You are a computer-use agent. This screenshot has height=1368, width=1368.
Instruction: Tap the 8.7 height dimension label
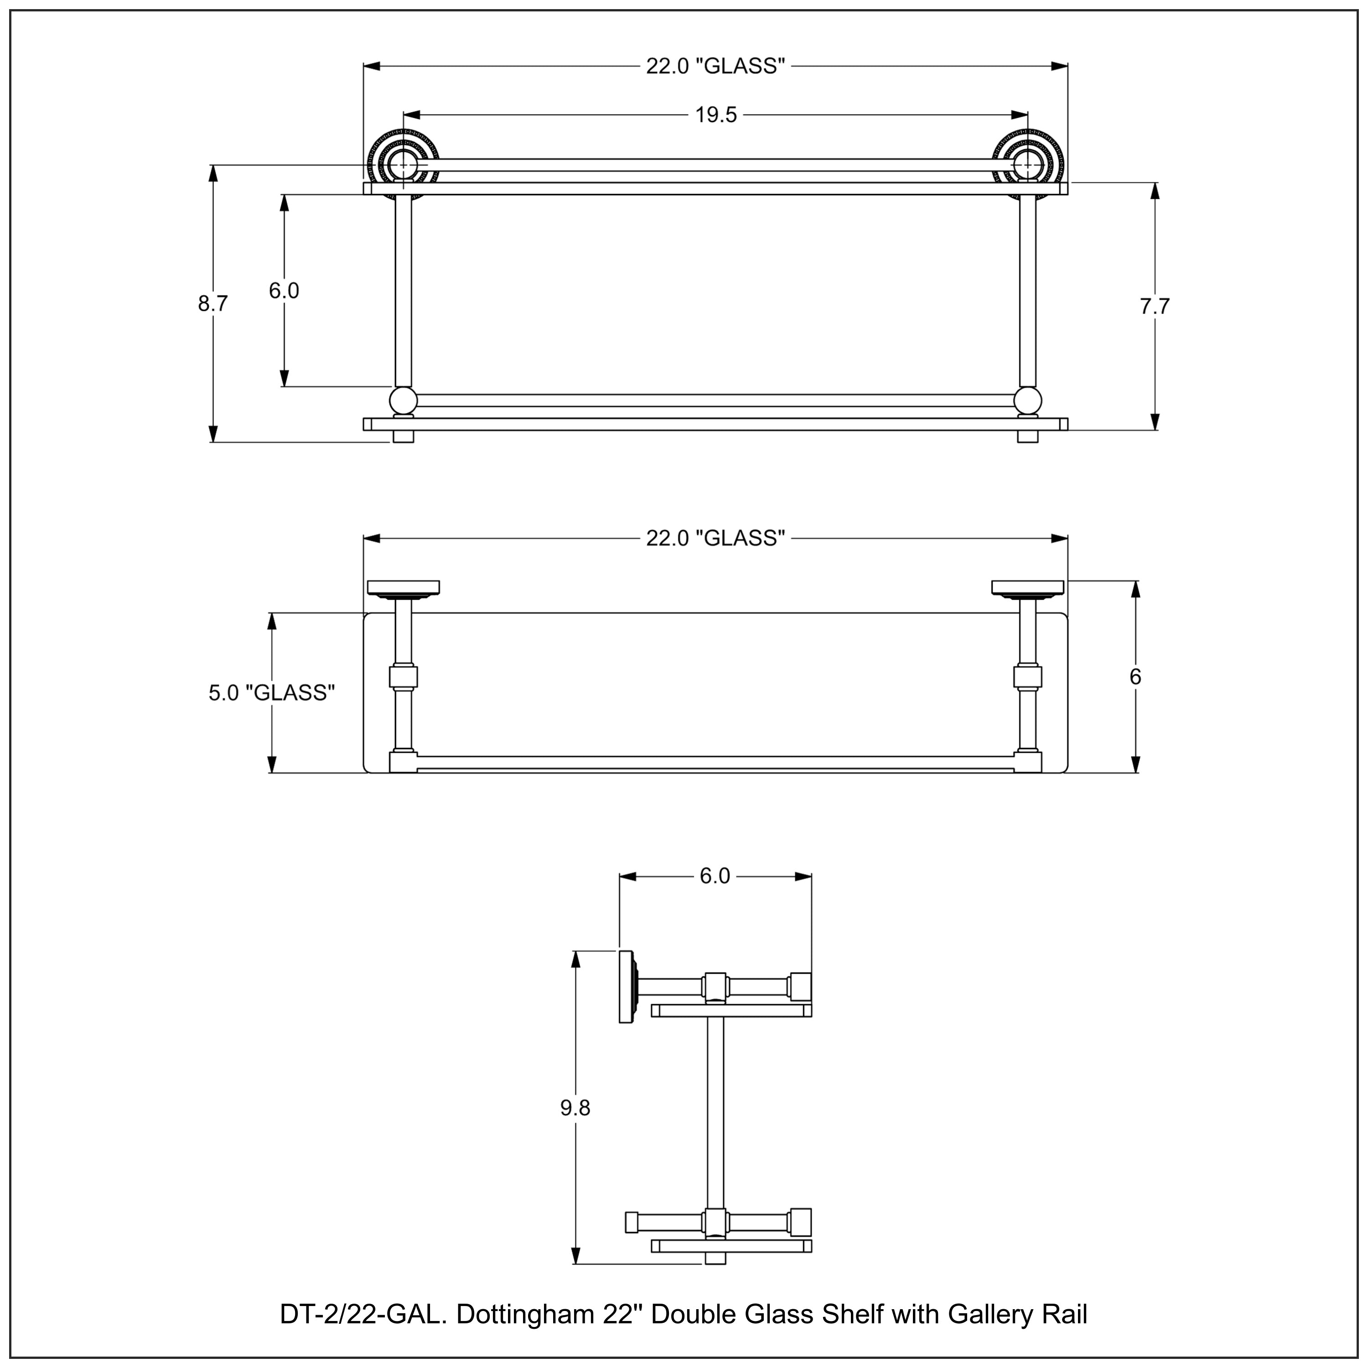[212, 304]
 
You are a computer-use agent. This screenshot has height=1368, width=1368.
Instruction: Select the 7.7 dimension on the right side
[1154, 306]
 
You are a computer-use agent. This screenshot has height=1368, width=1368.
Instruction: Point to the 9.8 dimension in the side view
[575, 1108]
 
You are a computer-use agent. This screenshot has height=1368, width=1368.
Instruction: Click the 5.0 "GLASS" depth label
[271, 693]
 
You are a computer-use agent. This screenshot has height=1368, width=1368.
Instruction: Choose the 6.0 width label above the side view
[715, 876]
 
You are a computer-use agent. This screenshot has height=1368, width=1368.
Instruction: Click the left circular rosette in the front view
[403, 164]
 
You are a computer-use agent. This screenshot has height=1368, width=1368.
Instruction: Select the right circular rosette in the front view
[1027, 164]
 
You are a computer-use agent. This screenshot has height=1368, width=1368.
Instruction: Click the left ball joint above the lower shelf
[403, 401]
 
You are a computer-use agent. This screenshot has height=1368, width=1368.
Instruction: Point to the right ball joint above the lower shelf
[1027, 401]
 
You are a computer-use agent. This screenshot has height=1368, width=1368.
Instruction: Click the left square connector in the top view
[403, 677]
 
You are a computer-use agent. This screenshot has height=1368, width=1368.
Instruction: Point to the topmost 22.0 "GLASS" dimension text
[715, 66]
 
